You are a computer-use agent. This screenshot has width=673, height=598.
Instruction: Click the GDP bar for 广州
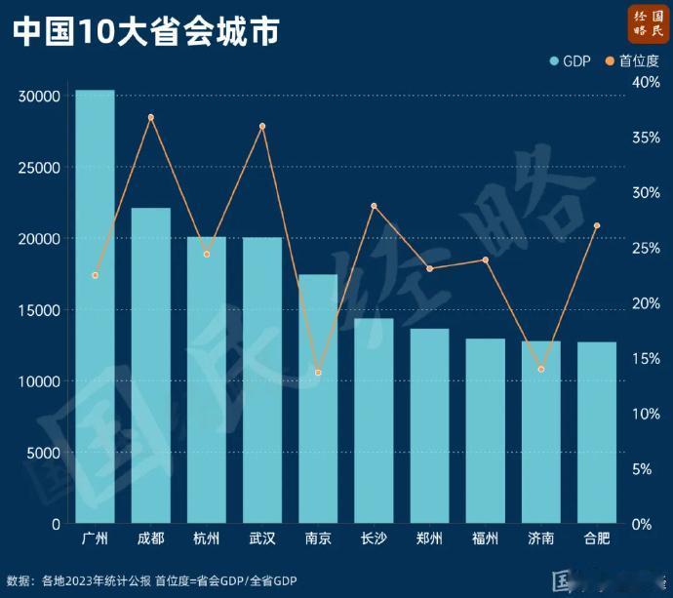pyautogui.click(x=96, y=307)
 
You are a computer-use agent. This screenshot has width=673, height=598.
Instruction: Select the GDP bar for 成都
pyautogui.click(x=151, y=366)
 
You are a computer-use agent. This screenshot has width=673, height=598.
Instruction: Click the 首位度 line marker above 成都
pyautogui.click(x=151, y=117)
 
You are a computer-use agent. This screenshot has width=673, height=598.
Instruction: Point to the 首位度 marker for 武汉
pyautogui.click(x=262, y=126)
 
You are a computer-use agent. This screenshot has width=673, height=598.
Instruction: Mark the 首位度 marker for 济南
pyautogui.click(x=541, y=369)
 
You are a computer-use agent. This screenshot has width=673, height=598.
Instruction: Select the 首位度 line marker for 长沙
pyautogui.click(x=374, y=206)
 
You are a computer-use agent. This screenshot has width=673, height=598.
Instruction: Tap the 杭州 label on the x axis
pyautogui.click(x=207, y=538)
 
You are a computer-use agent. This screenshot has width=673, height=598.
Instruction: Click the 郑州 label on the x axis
pyautogui.click(x=429, y=538)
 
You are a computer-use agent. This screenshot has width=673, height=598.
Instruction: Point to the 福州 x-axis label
pyautogui.click(x=485, y=538)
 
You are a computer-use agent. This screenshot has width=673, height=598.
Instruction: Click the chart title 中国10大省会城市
pyautogui.click(x=146, y=31)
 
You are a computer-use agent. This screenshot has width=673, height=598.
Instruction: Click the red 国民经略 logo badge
pyautogui.click(x=648, y=23)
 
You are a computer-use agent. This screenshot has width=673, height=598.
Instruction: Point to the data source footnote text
pyautogui.click(x=152, y=580)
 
